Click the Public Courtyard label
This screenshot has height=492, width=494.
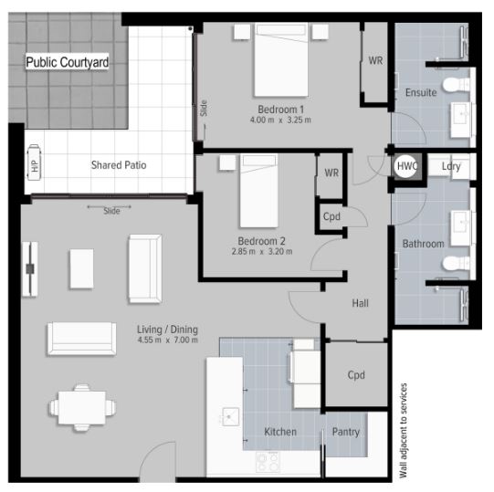pyautogui.click(x=67, y=62)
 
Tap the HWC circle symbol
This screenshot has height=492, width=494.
pyautogui.click(x=405, y=166)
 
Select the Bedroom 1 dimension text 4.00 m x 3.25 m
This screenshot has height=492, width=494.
pyautogui.click(x=280, y=120)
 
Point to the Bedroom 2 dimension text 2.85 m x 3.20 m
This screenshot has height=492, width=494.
pyautogui.click(x=262, y=252)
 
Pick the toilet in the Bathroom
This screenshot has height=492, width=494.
pyautogui.click(x=456, y=263)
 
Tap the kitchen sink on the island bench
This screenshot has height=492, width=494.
pyautogui.click(x=231, y=416)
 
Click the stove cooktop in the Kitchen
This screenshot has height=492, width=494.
pyautogui.click(x=268, y=462)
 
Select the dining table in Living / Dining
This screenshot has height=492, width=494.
pyautogui.click(x=82, y=407)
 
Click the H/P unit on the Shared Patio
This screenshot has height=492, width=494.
pyautogui.click(x=34, y=162)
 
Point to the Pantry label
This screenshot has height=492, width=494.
pyautogui.click(x=345, y=432)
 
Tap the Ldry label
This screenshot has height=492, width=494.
pyautogui.click(x=451, y=166)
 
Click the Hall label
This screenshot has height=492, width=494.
pyautogui.click(x=360, y=303)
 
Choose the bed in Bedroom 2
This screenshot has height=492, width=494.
pyautogui.click(x=259, y=191)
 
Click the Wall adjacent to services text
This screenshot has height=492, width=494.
pyautogui.click(x=403, y=431)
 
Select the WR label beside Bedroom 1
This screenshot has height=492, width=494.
pyautogui.click(x=375, y=60)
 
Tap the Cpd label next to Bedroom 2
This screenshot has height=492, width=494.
pyautogui.click(x=331, y=216)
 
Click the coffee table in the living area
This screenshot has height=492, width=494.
pyautogui.click(x=81, y=268)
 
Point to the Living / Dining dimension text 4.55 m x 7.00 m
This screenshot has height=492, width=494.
pyautogui.click(x=168, y=340)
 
